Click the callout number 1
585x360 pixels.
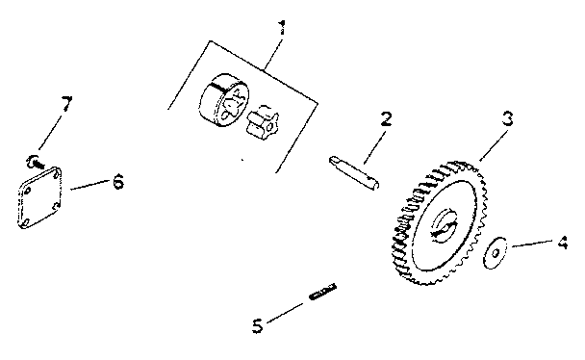pyautogui.click(x=281, y=27)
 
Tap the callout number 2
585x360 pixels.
pyautogui.click(x=386, y=120)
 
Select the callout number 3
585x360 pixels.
pyautogui.click(x=508, y=121)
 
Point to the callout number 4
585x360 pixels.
pyautogui.click(x=563, y=244)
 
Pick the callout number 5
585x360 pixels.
pyautogui.click(x=257, y=325)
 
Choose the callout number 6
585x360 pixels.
pyautogui.click(x=118, y=181)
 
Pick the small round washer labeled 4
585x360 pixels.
pyautogui.click(x=495, y=253)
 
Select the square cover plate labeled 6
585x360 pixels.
pyautogui.click(x=40, y=198)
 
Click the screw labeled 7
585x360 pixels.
pyautogui.click(x=35, y=160)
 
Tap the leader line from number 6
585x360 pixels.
pyautogui.click(x=89, y=186)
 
